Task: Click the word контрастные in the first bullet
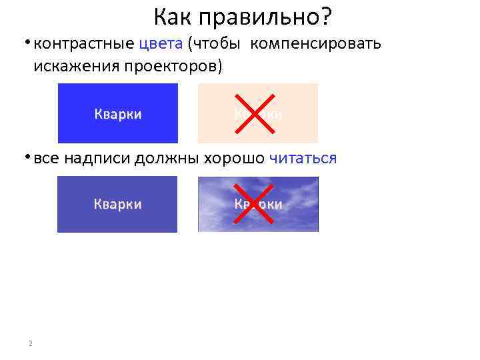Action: [85, 45]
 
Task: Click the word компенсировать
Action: [316, 45]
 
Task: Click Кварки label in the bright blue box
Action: [118, 114]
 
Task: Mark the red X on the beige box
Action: [257, 113]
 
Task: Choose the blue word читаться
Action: [303, 159]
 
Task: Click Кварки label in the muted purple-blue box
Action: [117, 204]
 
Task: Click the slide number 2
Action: [31, 343]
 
